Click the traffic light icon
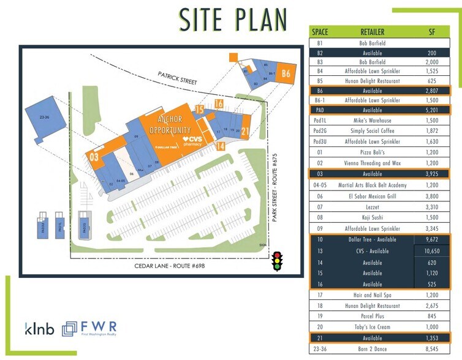coord(277,261)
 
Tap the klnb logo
coord(40,329)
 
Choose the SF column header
coord(432,32)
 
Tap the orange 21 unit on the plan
coord(245,130)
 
